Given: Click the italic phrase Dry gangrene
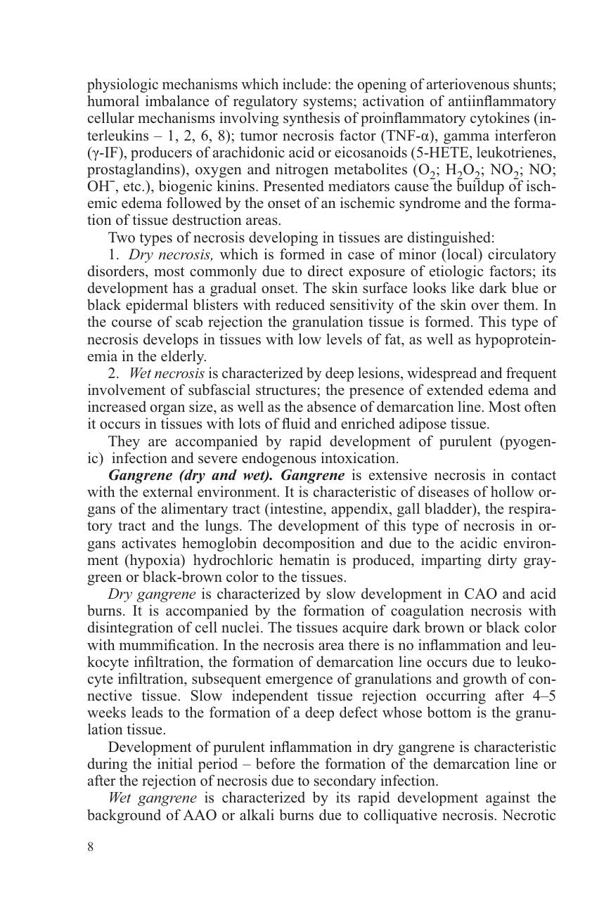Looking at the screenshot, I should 152,594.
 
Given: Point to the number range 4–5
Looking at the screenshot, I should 541,696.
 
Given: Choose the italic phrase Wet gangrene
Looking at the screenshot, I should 153,798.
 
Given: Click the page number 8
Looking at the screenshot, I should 90,846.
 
